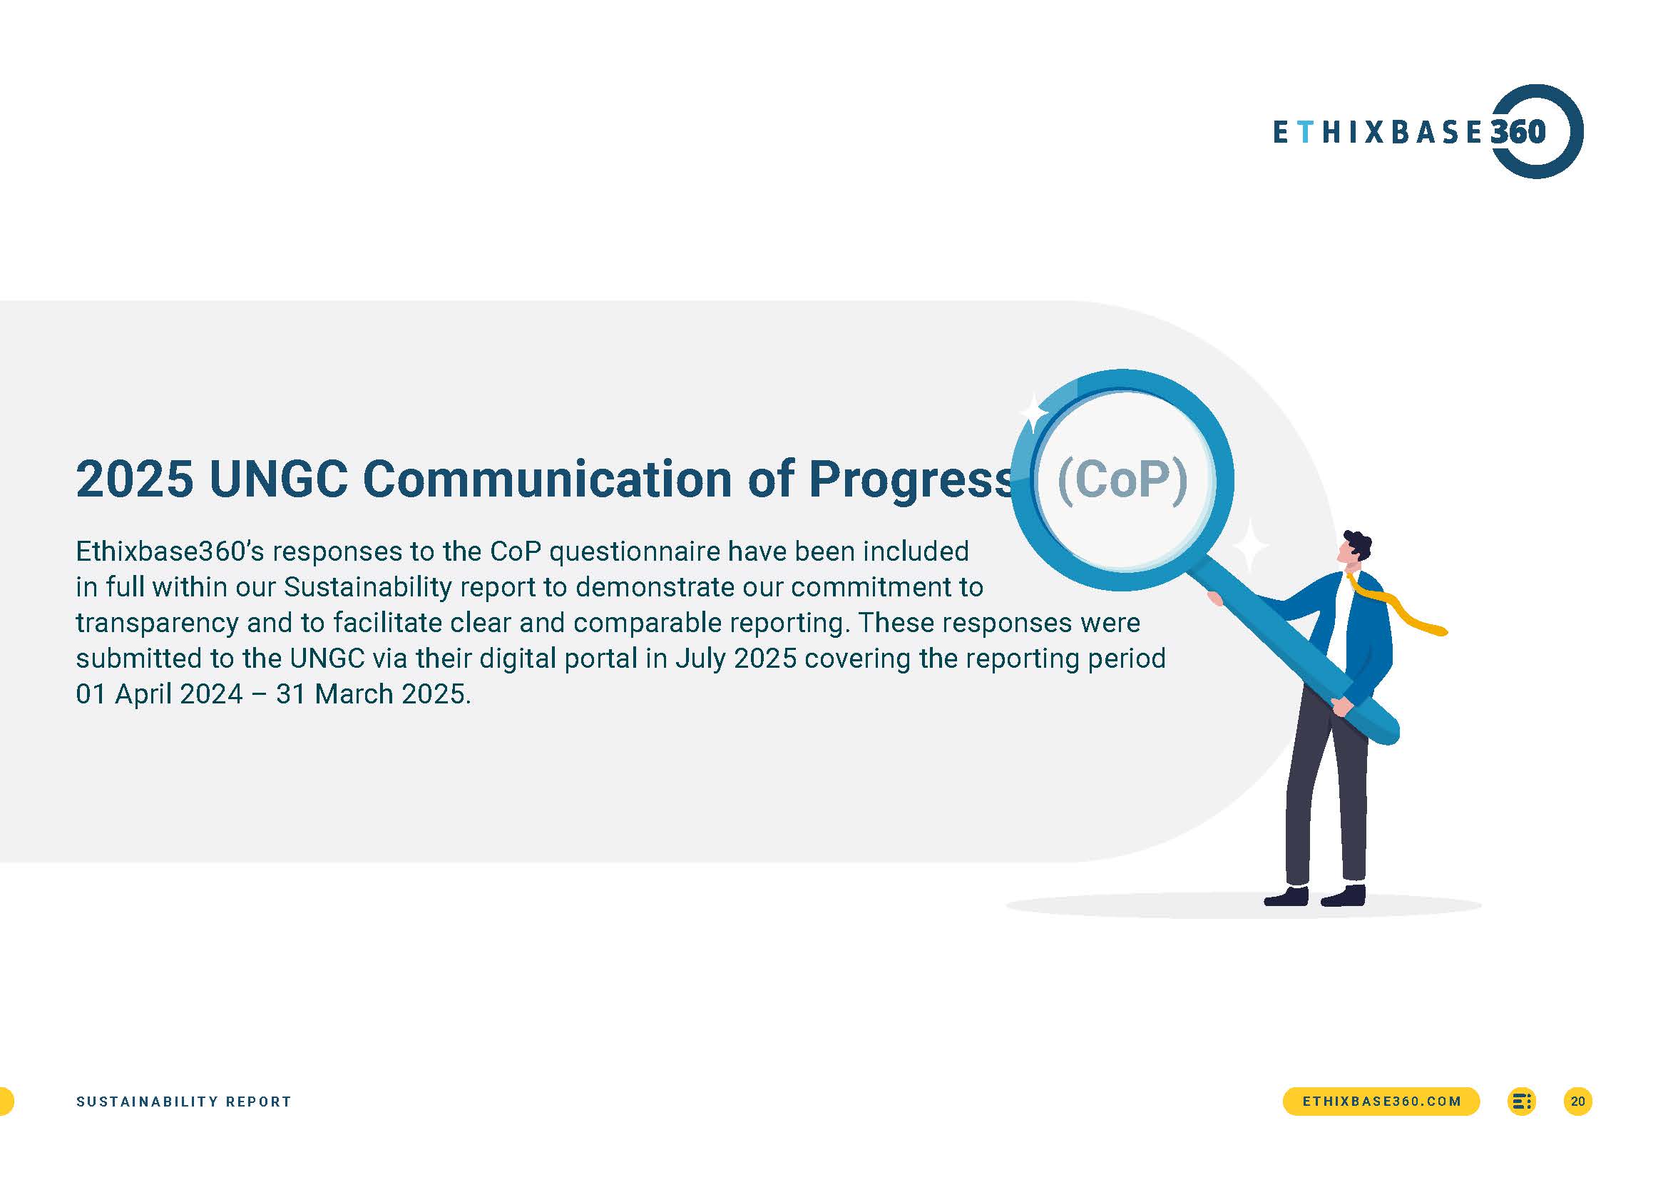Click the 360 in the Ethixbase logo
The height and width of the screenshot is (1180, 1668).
(1518, 131)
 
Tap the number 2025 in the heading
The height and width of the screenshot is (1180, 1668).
(135, 479)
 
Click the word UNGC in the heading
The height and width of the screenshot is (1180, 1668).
(278, 479)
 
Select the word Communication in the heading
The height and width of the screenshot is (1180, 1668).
(547, 479)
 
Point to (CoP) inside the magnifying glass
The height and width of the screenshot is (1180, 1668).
(1122, 480)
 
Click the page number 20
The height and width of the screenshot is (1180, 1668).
(1577, 1101)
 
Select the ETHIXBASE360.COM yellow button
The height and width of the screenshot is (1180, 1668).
(1381, 1101)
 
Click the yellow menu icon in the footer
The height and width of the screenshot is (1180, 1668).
(1521, 1101)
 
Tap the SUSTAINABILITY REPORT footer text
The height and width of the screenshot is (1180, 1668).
(184, 1102)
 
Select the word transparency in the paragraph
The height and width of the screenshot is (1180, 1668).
(157, 624)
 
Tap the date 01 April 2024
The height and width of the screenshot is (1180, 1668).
(159, 695)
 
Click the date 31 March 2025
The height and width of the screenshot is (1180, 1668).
(372, 695)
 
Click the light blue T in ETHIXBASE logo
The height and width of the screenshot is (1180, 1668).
(1305, 132)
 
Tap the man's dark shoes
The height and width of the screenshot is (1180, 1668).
(1314, 896)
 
